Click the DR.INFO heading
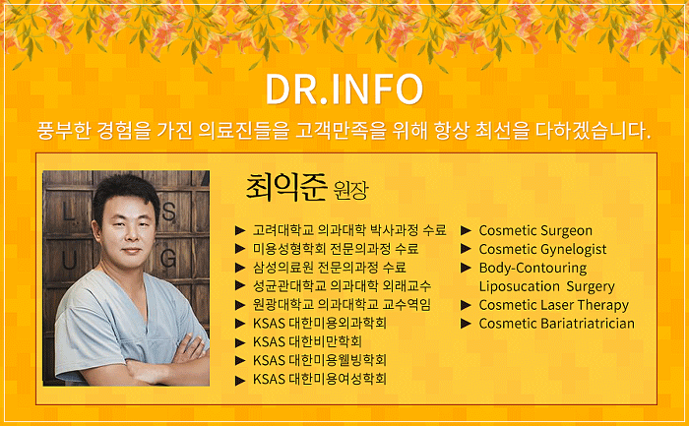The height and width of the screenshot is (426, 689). click(x=344, y=90)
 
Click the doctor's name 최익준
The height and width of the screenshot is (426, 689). click(x=286, y=187)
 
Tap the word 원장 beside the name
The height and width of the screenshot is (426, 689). click(x=350, y=191)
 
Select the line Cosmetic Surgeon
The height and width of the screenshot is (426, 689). click(x=535, y=230)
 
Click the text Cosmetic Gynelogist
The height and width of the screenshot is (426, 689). click(x=542, y=250)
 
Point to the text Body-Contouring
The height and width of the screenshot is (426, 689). click(x=532, y=268)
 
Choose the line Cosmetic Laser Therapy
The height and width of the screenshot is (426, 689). click(x=553, y=305)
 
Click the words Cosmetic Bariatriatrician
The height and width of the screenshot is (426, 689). click(x=557, y=324)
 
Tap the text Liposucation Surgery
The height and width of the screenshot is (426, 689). click(x=546, y=286)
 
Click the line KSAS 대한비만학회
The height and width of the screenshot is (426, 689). click(x=307, y=341)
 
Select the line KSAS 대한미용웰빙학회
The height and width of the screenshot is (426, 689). click(x=320, y=360)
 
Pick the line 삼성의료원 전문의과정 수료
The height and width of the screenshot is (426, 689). click(x=329, y=268)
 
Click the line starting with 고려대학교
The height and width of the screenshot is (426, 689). click(x=349, y=230)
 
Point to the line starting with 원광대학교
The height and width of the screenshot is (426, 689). click(x=342, y=304)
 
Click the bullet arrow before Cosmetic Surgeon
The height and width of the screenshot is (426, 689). click(x=467, y=230)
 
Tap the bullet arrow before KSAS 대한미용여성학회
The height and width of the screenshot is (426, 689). click(x=240, y=381)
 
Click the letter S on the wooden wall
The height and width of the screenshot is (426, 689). click(x=169, y=213)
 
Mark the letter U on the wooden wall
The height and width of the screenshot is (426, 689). click(x=70, y=261)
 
